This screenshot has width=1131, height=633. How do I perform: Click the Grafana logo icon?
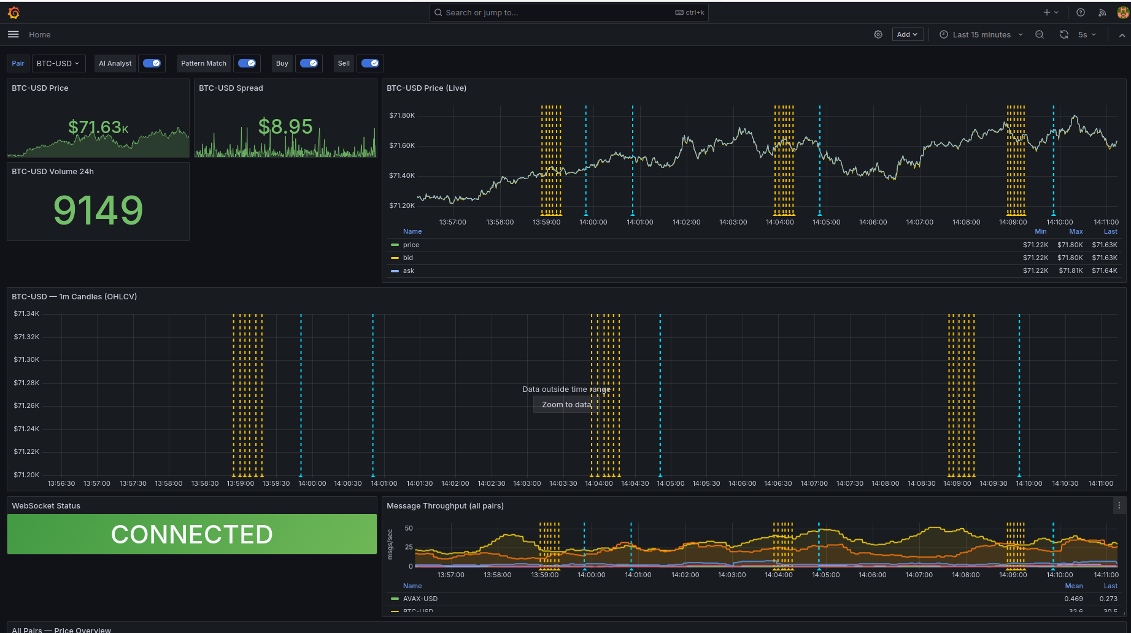tap(14, 12)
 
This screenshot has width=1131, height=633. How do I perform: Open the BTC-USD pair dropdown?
tap(58, 63)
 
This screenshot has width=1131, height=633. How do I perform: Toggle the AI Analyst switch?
tap(152, 63)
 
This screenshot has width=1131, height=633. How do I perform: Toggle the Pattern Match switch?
tap(247, 63)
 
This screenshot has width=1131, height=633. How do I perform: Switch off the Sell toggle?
tap(370, 63)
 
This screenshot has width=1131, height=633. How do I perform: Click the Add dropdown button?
tap(907, 34)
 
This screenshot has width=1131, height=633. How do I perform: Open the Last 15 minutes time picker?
tap(981, 34)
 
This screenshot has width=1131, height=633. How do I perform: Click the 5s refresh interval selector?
tap(1087, 34)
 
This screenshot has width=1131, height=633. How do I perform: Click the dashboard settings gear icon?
tap(878, 34)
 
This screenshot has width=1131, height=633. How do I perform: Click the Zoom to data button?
tap(566, 404)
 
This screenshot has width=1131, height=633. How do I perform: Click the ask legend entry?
tap(408, 270)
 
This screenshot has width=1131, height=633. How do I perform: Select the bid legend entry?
tap(407, 258)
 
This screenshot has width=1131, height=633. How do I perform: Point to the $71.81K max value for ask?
tap(1070, 270)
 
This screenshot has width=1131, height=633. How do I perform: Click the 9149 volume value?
tap(98, 210)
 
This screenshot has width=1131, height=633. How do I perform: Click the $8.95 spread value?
tap(285, 126)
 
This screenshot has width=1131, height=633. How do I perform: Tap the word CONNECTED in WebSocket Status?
tap(191, 534)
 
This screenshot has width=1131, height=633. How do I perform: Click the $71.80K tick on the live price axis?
tap(402, 115)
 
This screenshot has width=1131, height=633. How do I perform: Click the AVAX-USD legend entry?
tap(420, 599)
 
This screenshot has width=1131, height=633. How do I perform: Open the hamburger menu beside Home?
tap(14, 34)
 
